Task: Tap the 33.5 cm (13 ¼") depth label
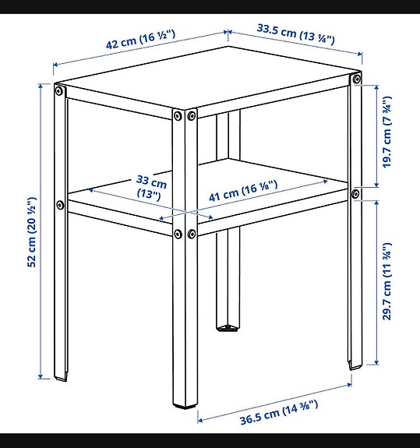pos(295,34)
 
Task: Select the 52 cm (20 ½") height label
pos(32,229)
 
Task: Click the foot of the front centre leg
pos(185,405)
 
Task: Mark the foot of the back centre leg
pos(227,327)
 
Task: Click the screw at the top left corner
pos(58,91)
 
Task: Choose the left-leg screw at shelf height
pos(60,206)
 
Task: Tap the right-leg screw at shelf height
pos(356,193)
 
